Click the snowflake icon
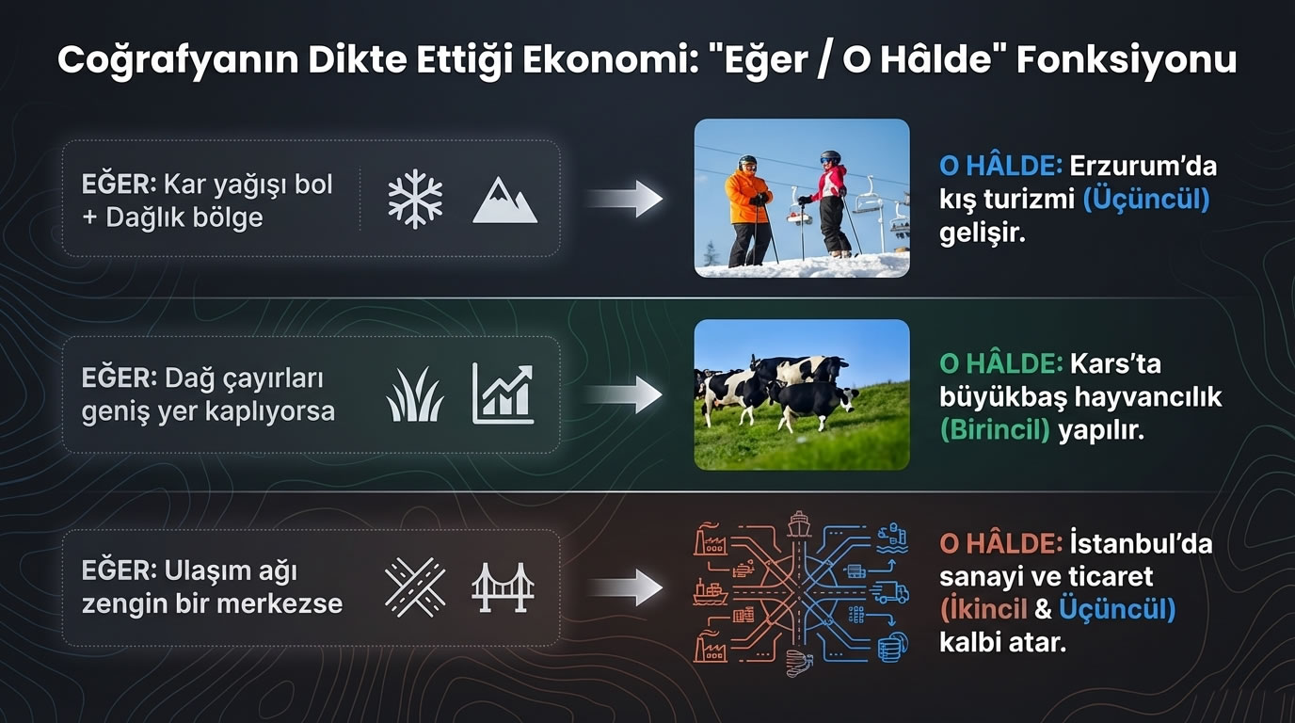click(x=415, y=199)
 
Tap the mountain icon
click(x=504, y=201)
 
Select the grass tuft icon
click(x=415, y=395)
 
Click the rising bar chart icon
click(x=503, y=394)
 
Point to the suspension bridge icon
click(x=503, y=587)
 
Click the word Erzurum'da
click(x=1143, y=167)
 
